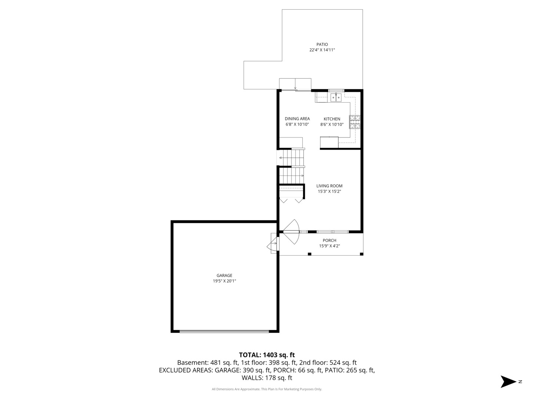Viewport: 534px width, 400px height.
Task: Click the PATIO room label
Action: point(322,44)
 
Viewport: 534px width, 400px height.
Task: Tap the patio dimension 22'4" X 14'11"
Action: point(322,50)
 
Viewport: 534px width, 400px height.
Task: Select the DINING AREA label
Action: point(297,119)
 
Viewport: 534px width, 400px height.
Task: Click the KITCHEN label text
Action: point(332,119)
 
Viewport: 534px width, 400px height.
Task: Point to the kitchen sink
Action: point(336,98)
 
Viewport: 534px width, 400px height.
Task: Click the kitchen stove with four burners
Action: point(355,122)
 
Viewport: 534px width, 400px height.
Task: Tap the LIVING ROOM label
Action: point(329,186)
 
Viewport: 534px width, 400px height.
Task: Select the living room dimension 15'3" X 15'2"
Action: point(329,191)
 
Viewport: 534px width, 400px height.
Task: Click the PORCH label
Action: point(329,240)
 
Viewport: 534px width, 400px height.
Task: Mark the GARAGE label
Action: point(224,276)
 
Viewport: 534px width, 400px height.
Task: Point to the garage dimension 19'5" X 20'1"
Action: point(224,281)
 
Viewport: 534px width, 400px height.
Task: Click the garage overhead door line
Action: point(224,331)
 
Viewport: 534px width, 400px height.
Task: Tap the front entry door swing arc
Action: point(293,232)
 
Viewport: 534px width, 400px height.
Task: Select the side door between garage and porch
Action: point(273,244)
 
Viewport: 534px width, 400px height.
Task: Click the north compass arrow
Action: point(508,381)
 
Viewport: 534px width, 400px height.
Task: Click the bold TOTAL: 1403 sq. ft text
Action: point(267,355)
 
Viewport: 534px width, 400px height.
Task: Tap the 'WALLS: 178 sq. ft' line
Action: point(267,378)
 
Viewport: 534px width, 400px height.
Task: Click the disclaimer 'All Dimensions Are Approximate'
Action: point(236,389)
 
